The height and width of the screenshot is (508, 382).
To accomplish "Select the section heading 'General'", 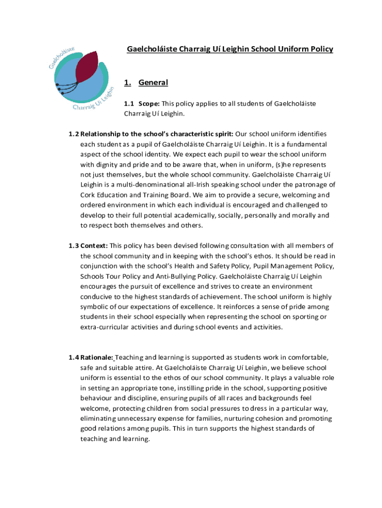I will [x=153, y=82].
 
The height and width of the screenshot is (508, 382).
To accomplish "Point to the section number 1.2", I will [x=73, y=134].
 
